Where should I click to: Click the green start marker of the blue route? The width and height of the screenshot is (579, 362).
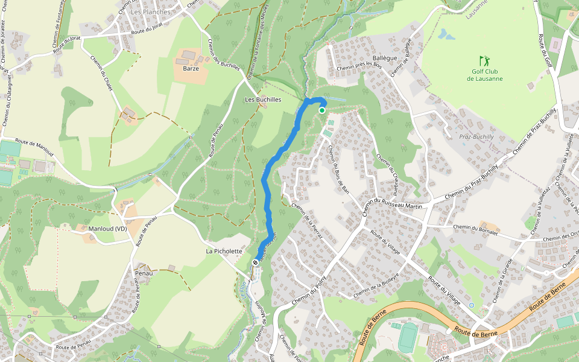tap(322, 110)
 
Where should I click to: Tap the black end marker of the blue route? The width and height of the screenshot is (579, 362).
tap(256, 262)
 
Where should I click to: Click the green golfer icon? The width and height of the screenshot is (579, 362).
tap(484, 61)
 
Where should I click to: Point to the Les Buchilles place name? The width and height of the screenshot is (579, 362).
tap(263, 100)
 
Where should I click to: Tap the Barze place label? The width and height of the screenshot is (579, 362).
tap(191, 68)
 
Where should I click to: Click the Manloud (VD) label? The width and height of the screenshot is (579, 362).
tap(108, 229)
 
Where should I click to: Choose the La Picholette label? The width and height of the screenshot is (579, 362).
tap(224, 251)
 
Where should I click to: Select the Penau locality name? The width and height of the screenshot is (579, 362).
tap(144, 273)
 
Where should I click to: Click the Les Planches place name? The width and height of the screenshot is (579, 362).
tap(147, 12)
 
